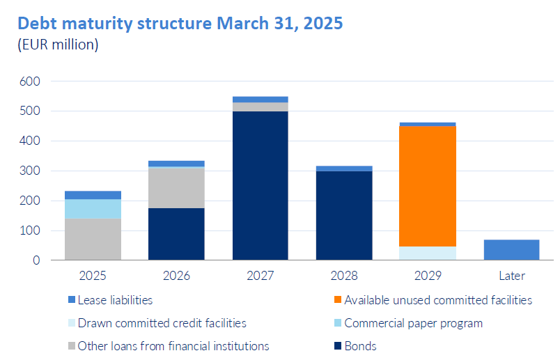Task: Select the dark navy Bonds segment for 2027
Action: (x=260, y=185)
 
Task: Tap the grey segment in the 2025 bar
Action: (x=93, y=239)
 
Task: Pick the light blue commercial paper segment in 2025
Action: (x=93, y=208)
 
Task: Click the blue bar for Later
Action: (x=511, y=249)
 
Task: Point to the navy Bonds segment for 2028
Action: (x=343, y=215)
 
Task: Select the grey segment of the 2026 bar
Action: (x=176, y=188)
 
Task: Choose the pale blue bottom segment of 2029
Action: (x=428, y=253)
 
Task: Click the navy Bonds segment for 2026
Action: (x=176, y=234)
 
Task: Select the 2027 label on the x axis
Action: (x=260, y=276)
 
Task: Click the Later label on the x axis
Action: (x=511, y=276)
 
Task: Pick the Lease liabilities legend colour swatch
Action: (x=71, y=300)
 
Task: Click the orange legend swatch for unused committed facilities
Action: (x=337, y=300)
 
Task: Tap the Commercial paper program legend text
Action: (x=413, y=323)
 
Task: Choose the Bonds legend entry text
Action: (x=360, y=345)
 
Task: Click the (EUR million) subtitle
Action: (x=58, y=45)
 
